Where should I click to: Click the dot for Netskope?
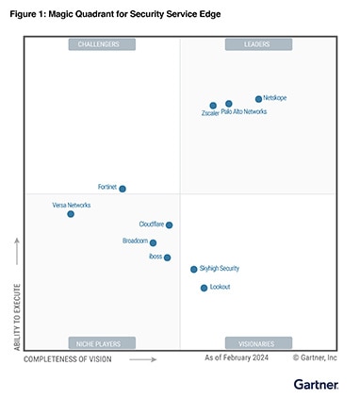(x=258, y=99)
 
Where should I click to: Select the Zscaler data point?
(x=213, y=106)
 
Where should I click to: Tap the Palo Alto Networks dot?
(x=229, y=104)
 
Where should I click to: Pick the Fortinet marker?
(x=123, y=189)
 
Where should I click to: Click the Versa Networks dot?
(x=71, y=214)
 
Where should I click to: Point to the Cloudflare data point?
(x=169, y=224)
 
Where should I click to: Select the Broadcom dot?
(x=154, y=242)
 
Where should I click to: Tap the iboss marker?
(x=167, y=258)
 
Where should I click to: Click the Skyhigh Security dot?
(x=194, y=269)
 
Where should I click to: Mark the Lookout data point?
(x=204, y=288)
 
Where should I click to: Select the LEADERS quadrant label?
(x=258, y=44)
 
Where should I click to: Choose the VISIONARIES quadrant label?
(x=258, y=343)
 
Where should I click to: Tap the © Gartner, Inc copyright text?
(x=315, y=358)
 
